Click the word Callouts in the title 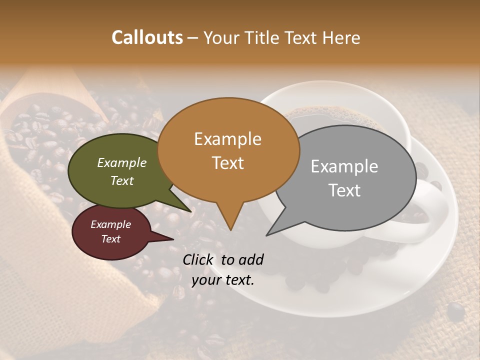[x=147, y=37]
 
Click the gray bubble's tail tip [x=267, y=234]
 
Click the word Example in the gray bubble [x=344, y=166]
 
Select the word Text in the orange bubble [x=227, y=162]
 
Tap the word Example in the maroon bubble [x=110, y=224]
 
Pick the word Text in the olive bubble [x=121, y=180]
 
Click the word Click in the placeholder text [x=198, y=259]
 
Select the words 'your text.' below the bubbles [x=223, y=280]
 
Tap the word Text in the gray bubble [x=344, y=190]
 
